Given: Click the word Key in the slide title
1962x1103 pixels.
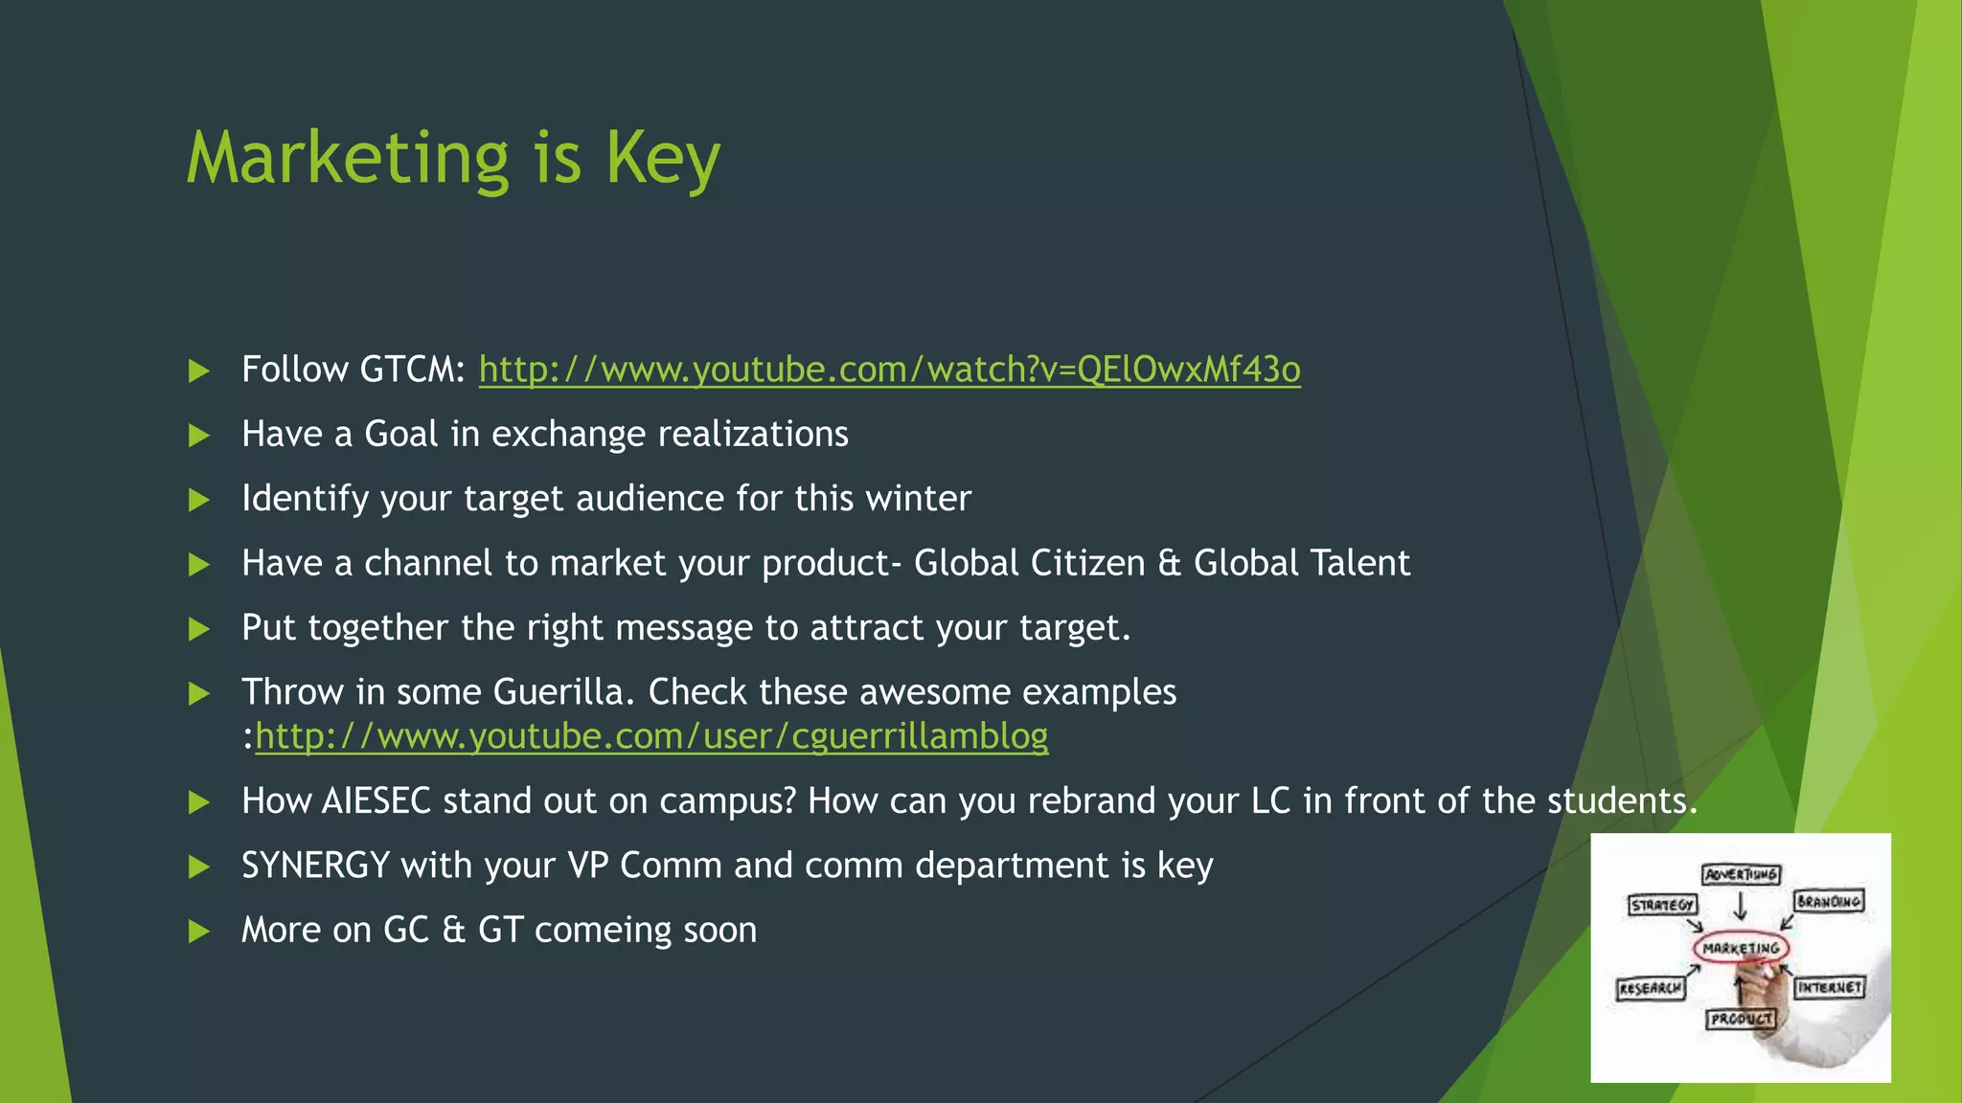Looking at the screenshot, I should [x=662, y=158].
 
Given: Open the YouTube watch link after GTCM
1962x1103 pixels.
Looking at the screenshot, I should [x=889, y=370].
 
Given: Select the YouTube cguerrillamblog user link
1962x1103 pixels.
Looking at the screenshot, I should [x=651, y=736].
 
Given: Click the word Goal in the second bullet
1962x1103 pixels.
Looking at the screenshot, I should [x=400, y=435].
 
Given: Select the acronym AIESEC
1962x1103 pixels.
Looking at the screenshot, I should [x=376, y=801].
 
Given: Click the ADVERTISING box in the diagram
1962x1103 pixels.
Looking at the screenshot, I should [x=1741, y=874].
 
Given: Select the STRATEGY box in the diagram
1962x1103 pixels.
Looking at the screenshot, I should [x=1662, y=905].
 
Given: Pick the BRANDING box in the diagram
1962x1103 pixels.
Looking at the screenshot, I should [x=1828, y=901].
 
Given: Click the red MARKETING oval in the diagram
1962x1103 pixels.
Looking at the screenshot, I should [x=1741, y=948].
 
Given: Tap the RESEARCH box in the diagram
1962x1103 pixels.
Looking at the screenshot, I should [x=1650, y=988].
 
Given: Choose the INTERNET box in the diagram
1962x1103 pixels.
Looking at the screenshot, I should [x=1830, y=987].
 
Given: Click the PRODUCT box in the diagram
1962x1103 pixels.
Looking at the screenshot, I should [x=1741, y=1019].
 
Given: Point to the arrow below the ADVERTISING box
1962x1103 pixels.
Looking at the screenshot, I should [x=1741, y=906].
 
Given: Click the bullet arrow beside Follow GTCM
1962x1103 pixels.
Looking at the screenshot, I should [x=199, y=371].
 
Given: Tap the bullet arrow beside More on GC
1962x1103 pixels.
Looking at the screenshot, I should [x=199, y=931].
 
